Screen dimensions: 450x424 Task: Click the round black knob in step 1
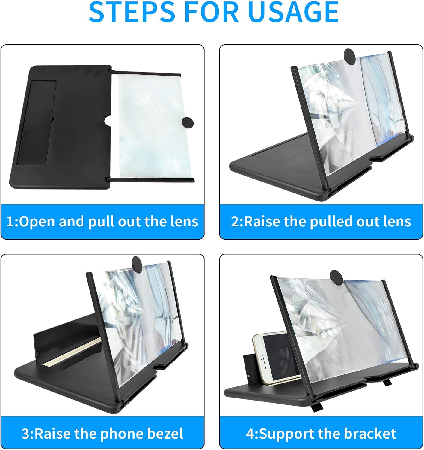pos(188,123)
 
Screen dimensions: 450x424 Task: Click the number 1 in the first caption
pos(10,222)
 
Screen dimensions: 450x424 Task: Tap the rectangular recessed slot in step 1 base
pos(37,122)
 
